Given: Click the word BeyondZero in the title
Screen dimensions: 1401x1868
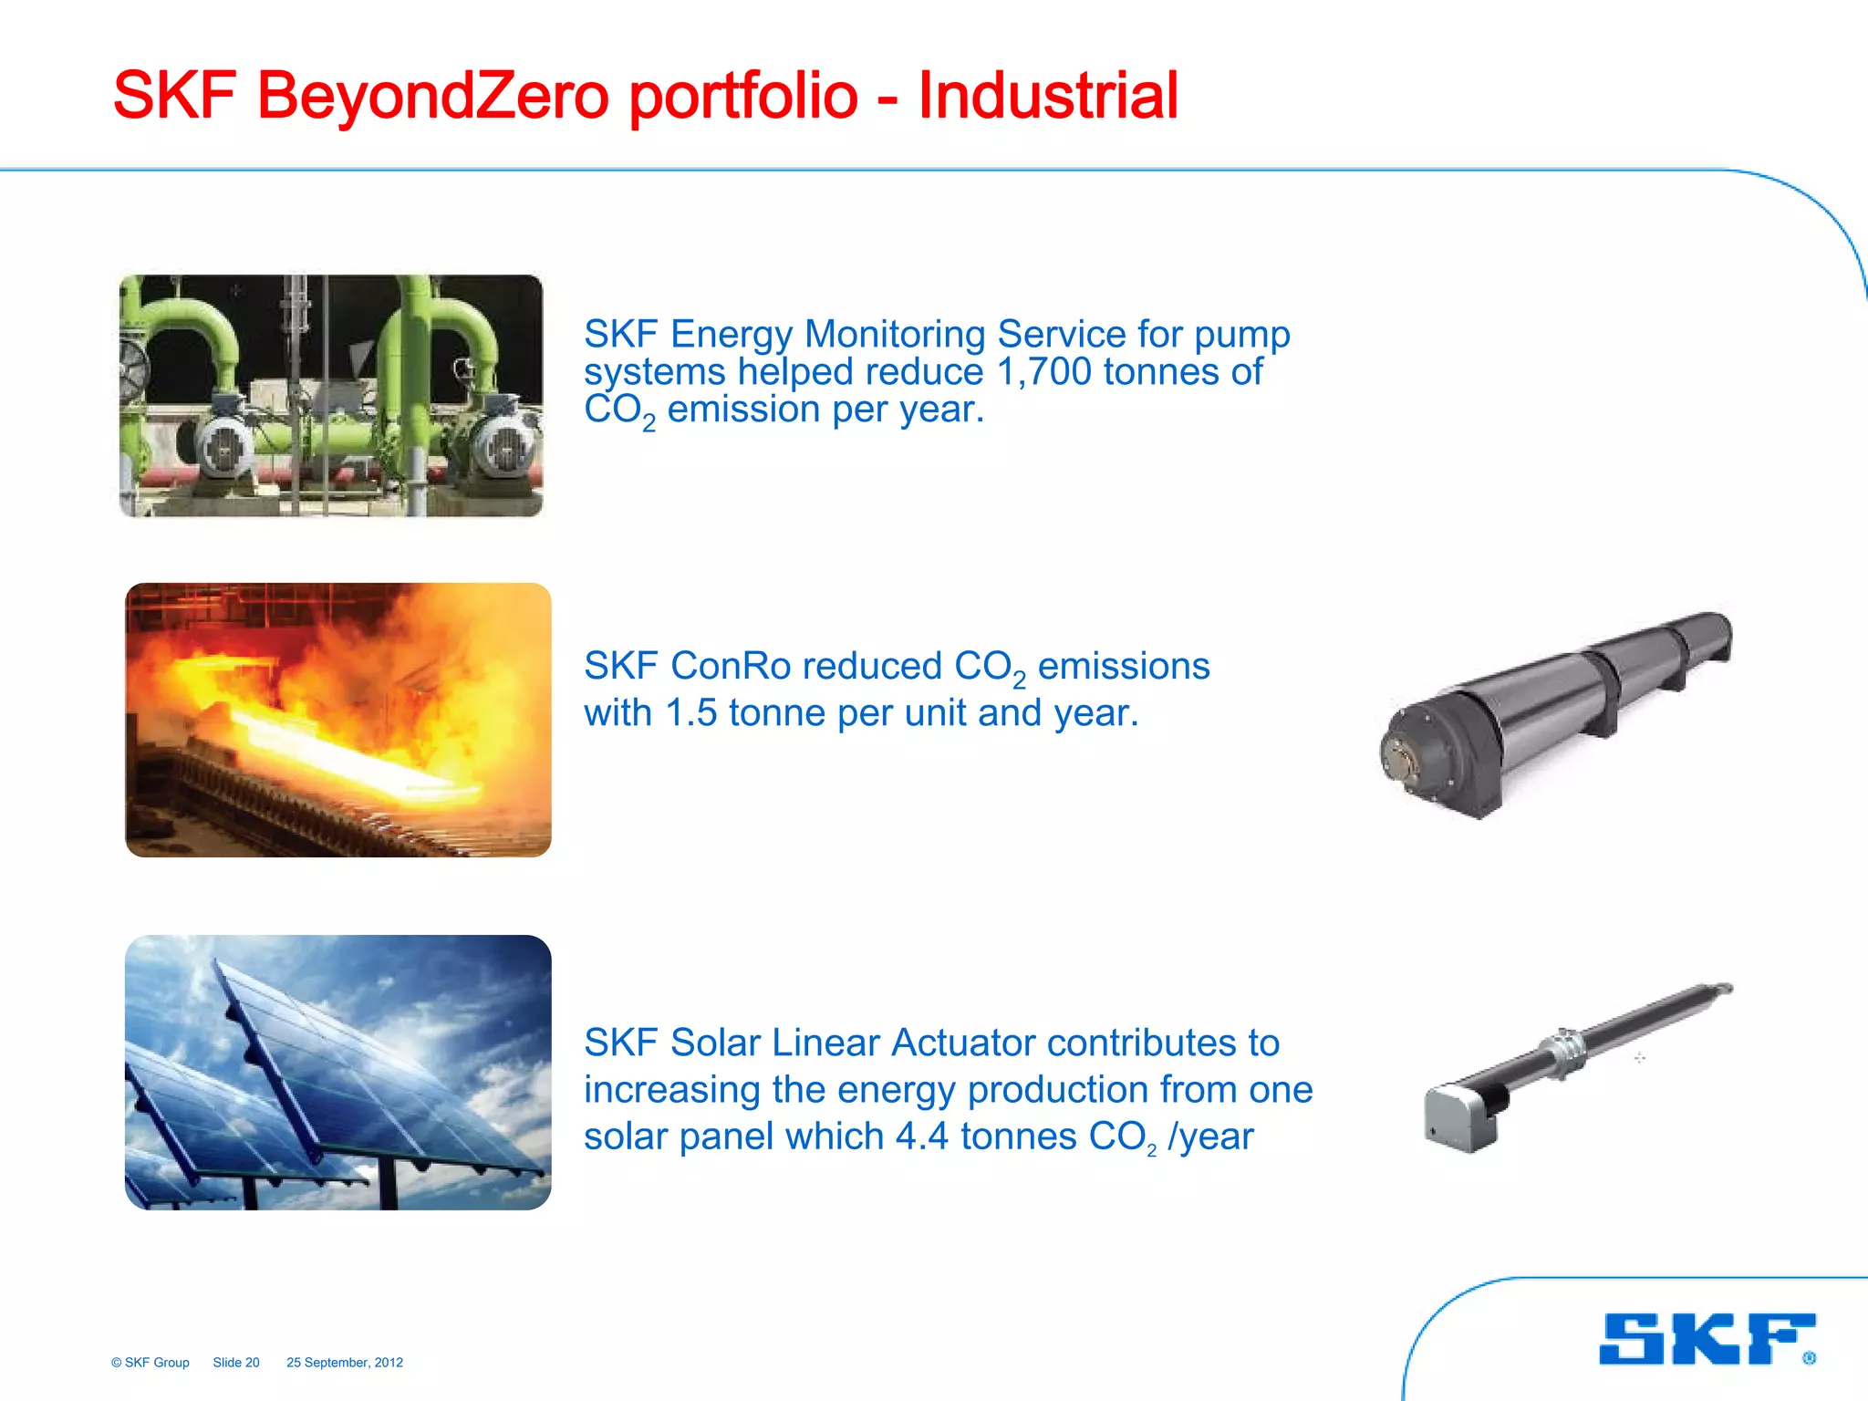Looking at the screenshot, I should coord(432,95).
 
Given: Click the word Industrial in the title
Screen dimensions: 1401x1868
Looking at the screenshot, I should coord(1048,95).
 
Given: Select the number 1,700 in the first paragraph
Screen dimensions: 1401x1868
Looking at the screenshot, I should coord(1043,372).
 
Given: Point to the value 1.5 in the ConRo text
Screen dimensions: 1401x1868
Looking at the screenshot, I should coord(690,713).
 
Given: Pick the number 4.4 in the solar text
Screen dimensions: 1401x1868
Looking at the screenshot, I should coord(922,1136).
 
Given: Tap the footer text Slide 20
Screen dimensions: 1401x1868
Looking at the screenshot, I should coord(236,1363).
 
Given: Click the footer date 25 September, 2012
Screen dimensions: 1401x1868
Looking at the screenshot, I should coord(345,1363).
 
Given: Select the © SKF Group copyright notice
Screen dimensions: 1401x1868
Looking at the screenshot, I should coord(150,1363).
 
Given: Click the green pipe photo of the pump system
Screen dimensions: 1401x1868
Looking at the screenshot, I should coord(331,396).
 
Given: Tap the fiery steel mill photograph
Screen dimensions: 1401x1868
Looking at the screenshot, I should coord(337,720).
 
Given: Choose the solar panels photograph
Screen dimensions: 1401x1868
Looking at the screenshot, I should coord(337,1073).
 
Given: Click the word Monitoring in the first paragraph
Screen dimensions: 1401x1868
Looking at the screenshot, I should coord(899,335).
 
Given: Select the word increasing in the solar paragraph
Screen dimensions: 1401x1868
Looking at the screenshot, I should coord(672,1090).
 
